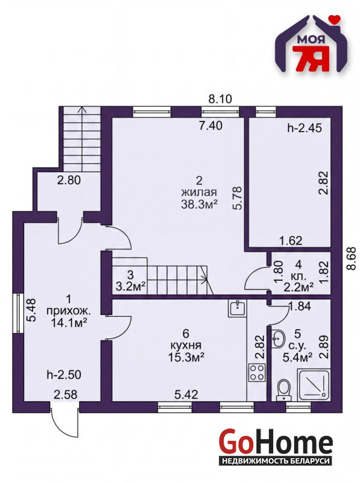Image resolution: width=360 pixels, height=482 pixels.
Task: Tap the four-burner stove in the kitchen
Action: point(257,372)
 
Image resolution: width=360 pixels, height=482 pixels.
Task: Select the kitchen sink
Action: point(236,308)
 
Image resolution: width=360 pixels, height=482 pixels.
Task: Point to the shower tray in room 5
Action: point(314,385)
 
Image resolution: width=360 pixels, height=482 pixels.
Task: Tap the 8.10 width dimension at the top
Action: point(220,99)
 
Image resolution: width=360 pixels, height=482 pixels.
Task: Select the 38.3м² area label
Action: point(200,204)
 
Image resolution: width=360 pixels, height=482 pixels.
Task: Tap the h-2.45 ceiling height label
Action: point(305,128)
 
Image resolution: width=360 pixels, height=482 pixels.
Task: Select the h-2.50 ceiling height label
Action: point(64,374)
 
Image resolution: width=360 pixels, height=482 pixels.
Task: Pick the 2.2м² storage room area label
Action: point(298,286)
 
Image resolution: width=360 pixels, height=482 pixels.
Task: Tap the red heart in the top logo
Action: point(333,19)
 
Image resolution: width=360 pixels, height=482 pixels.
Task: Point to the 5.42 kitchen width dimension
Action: point(186,395)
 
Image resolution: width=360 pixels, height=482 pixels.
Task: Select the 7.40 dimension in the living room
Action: point(210,126)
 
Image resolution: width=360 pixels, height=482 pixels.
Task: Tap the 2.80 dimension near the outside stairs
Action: point(69,180)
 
